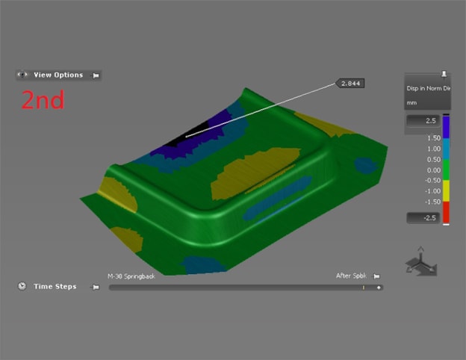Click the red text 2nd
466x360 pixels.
(x=43, y=100)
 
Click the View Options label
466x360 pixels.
(x=58, y=75)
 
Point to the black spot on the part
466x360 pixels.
(x=176, y=137)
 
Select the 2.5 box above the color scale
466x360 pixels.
(x=421, y=121)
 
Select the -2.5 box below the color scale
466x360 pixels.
(x=421, y=218)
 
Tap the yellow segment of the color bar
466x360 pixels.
(x=446, y=190)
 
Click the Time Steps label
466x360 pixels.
(x=55, y=286)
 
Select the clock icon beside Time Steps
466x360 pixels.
(x=22, y=286)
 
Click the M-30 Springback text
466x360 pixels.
(x=131, y=276)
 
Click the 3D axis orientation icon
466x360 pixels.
(x=420, y=264)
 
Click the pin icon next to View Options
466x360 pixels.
(x=95, y=75)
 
